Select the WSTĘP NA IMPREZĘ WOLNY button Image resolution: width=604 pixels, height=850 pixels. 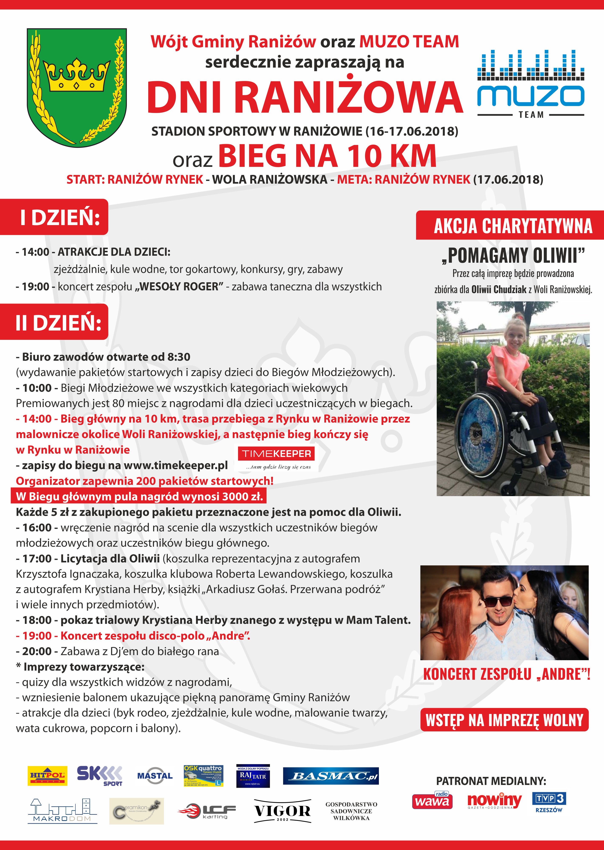(x=504, y=720)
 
